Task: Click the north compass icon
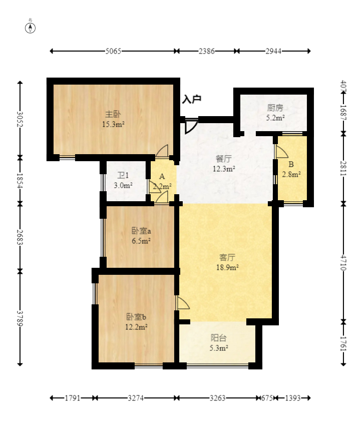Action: point(30,28)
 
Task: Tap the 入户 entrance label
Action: point(192,99)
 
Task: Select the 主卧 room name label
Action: point(113,114)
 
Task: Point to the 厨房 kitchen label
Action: point(275,108)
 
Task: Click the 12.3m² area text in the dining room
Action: point(224,169)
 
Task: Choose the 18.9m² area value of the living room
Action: point(227,267)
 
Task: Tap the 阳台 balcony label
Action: point(218,338)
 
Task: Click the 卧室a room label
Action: point(141,230)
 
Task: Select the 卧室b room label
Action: point(136,317)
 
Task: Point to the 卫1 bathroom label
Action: point(123,175)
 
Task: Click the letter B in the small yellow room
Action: point(291,164)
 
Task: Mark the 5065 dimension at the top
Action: point(113,51)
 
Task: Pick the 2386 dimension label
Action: point(206,51)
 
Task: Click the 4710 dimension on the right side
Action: point(343,263)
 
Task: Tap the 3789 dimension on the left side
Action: point(20,318)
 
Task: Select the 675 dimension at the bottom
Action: point(267,398)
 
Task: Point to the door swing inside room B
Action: point(281,152)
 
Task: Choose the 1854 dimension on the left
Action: point(20,181)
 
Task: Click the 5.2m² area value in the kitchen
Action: point(275,118)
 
